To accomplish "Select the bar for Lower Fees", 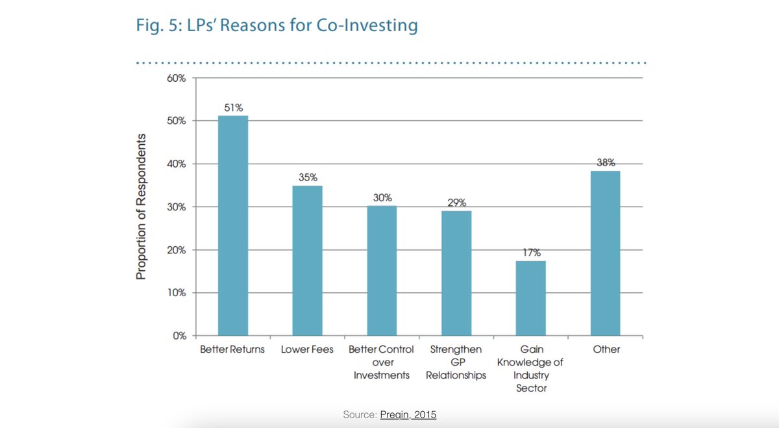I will click(307, 260).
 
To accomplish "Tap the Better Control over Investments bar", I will click(381, 271).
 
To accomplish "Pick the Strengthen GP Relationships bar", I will click(456, 273).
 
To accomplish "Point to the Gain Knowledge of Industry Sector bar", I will click(530, 298).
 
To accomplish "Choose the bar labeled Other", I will click(606, 253).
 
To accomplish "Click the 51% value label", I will click(233, 108).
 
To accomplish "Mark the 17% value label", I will click(531, 253).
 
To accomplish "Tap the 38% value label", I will click(606, 163).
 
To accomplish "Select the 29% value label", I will click(456, 203).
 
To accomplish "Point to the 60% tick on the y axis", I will click(177, 79).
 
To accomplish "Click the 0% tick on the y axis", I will click(179, 336).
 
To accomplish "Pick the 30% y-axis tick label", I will click(177, 207).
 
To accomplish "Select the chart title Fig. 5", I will click(276, 26).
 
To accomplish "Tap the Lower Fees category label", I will click(307, 349).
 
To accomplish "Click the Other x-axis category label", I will click(606, 349).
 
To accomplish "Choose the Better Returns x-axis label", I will click(232, 349).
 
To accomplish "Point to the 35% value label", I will click(308, 177).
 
